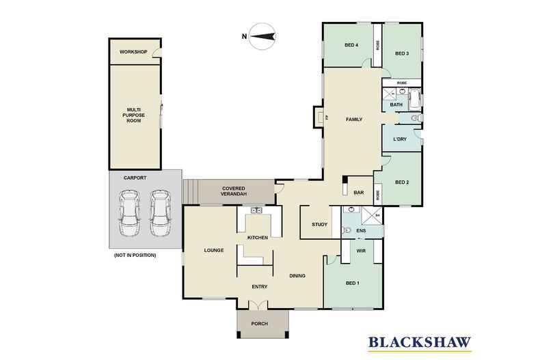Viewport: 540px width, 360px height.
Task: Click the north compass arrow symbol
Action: (x=262, y=36)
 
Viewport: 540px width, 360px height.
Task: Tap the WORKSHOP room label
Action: (x=133, y=52)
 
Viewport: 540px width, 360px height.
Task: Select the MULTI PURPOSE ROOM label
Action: (x=133, y=115)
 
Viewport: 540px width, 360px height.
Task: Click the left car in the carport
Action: (x=129, y=213)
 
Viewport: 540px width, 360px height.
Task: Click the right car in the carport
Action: (x=160, y=213)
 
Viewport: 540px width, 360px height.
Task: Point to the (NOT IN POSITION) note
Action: (x=135, y=255)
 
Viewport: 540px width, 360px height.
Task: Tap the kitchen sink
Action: (x=256, y=210)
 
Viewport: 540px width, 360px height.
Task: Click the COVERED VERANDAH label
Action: (x=234, y=191)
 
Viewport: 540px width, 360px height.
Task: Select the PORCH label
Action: (x=259, y=324)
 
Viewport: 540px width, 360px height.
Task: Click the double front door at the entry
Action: (x=258, y=304)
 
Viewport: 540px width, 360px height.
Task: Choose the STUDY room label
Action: (x=320, y=224)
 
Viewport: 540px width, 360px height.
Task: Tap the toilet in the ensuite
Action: (x=347, y=230)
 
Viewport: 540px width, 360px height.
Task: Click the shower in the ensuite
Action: (x=371, y=216)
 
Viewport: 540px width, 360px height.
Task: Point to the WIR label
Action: (x=361, y=251)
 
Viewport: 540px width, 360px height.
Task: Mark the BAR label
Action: (x=359, y=193)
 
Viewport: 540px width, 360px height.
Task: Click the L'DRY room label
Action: (x=399, y=139)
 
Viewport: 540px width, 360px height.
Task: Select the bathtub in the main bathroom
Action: (x=414, y=99)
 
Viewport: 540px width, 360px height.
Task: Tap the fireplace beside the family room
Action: (x=319, y=117)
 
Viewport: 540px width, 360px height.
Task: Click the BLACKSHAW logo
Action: (x=420, y=343)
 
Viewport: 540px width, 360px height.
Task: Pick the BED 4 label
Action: (x=351, y=45)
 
